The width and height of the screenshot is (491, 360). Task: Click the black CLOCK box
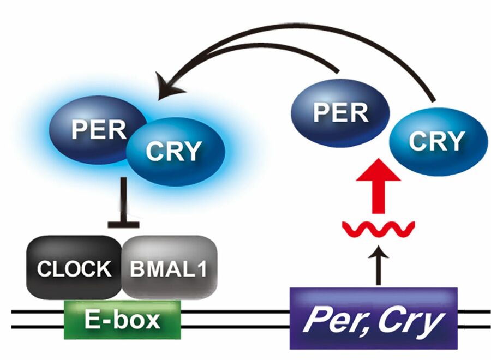[74, 268]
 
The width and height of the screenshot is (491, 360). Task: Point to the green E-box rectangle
[123, 319]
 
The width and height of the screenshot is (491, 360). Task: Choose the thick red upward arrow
[379, 185]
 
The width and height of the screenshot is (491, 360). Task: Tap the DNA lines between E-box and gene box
[235, 320]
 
